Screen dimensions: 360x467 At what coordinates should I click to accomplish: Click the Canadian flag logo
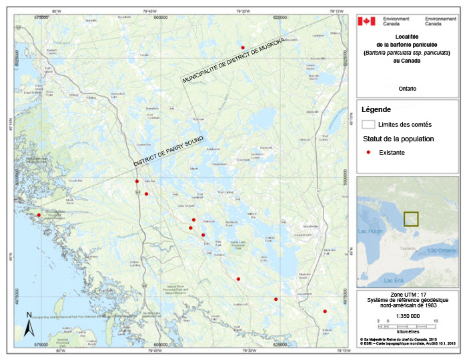point(366,21)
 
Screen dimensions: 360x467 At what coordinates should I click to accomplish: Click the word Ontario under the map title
point(407,88)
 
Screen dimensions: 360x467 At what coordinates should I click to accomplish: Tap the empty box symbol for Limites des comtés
point(368,125)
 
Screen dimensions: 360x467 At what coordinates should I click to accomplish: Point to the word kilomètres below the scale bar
point(407,331)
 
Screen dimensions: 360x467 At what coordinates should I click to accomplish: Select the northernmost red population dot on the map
point(243,47)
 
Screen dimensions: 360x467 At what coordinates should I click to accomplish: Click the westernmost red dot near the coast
point(39,215)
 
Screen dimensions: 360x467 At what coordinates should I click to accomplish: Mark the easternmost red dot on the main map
point(325,311)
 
